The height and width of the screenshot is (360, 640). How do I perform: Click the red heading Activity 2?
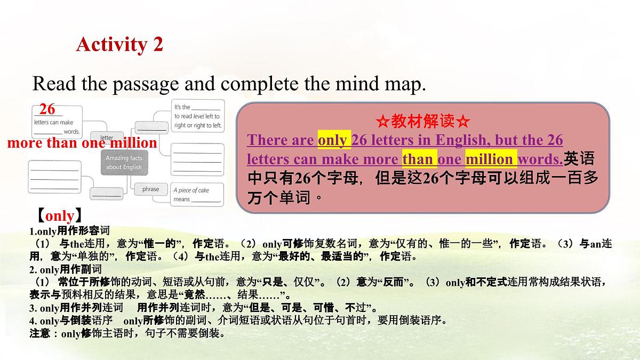(119, 44)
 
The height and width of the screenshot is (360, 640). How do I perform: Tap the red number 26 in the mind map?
(47, 109)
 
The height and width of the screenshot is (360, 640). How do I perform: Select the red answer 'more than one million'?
(82, 143)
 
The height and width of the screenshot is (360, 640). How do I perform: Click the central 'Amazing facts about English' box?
(123, 163)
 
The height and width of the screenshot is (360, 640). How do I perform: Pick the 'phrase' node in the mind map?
(150, 189)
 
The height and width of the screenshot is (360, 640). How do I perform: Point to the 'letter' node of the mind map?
(114, 138)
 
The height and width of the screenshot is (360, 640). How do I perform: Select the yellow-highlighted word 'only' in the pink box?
(334, 140)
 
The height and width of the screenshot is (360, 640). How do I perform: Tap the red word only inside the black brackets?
(60, 216)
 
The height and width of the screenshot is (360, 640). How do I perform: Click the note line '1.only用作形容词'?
(69, 231)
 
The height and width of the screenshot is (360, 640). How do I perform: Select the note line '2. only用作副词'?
(65, 269)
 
